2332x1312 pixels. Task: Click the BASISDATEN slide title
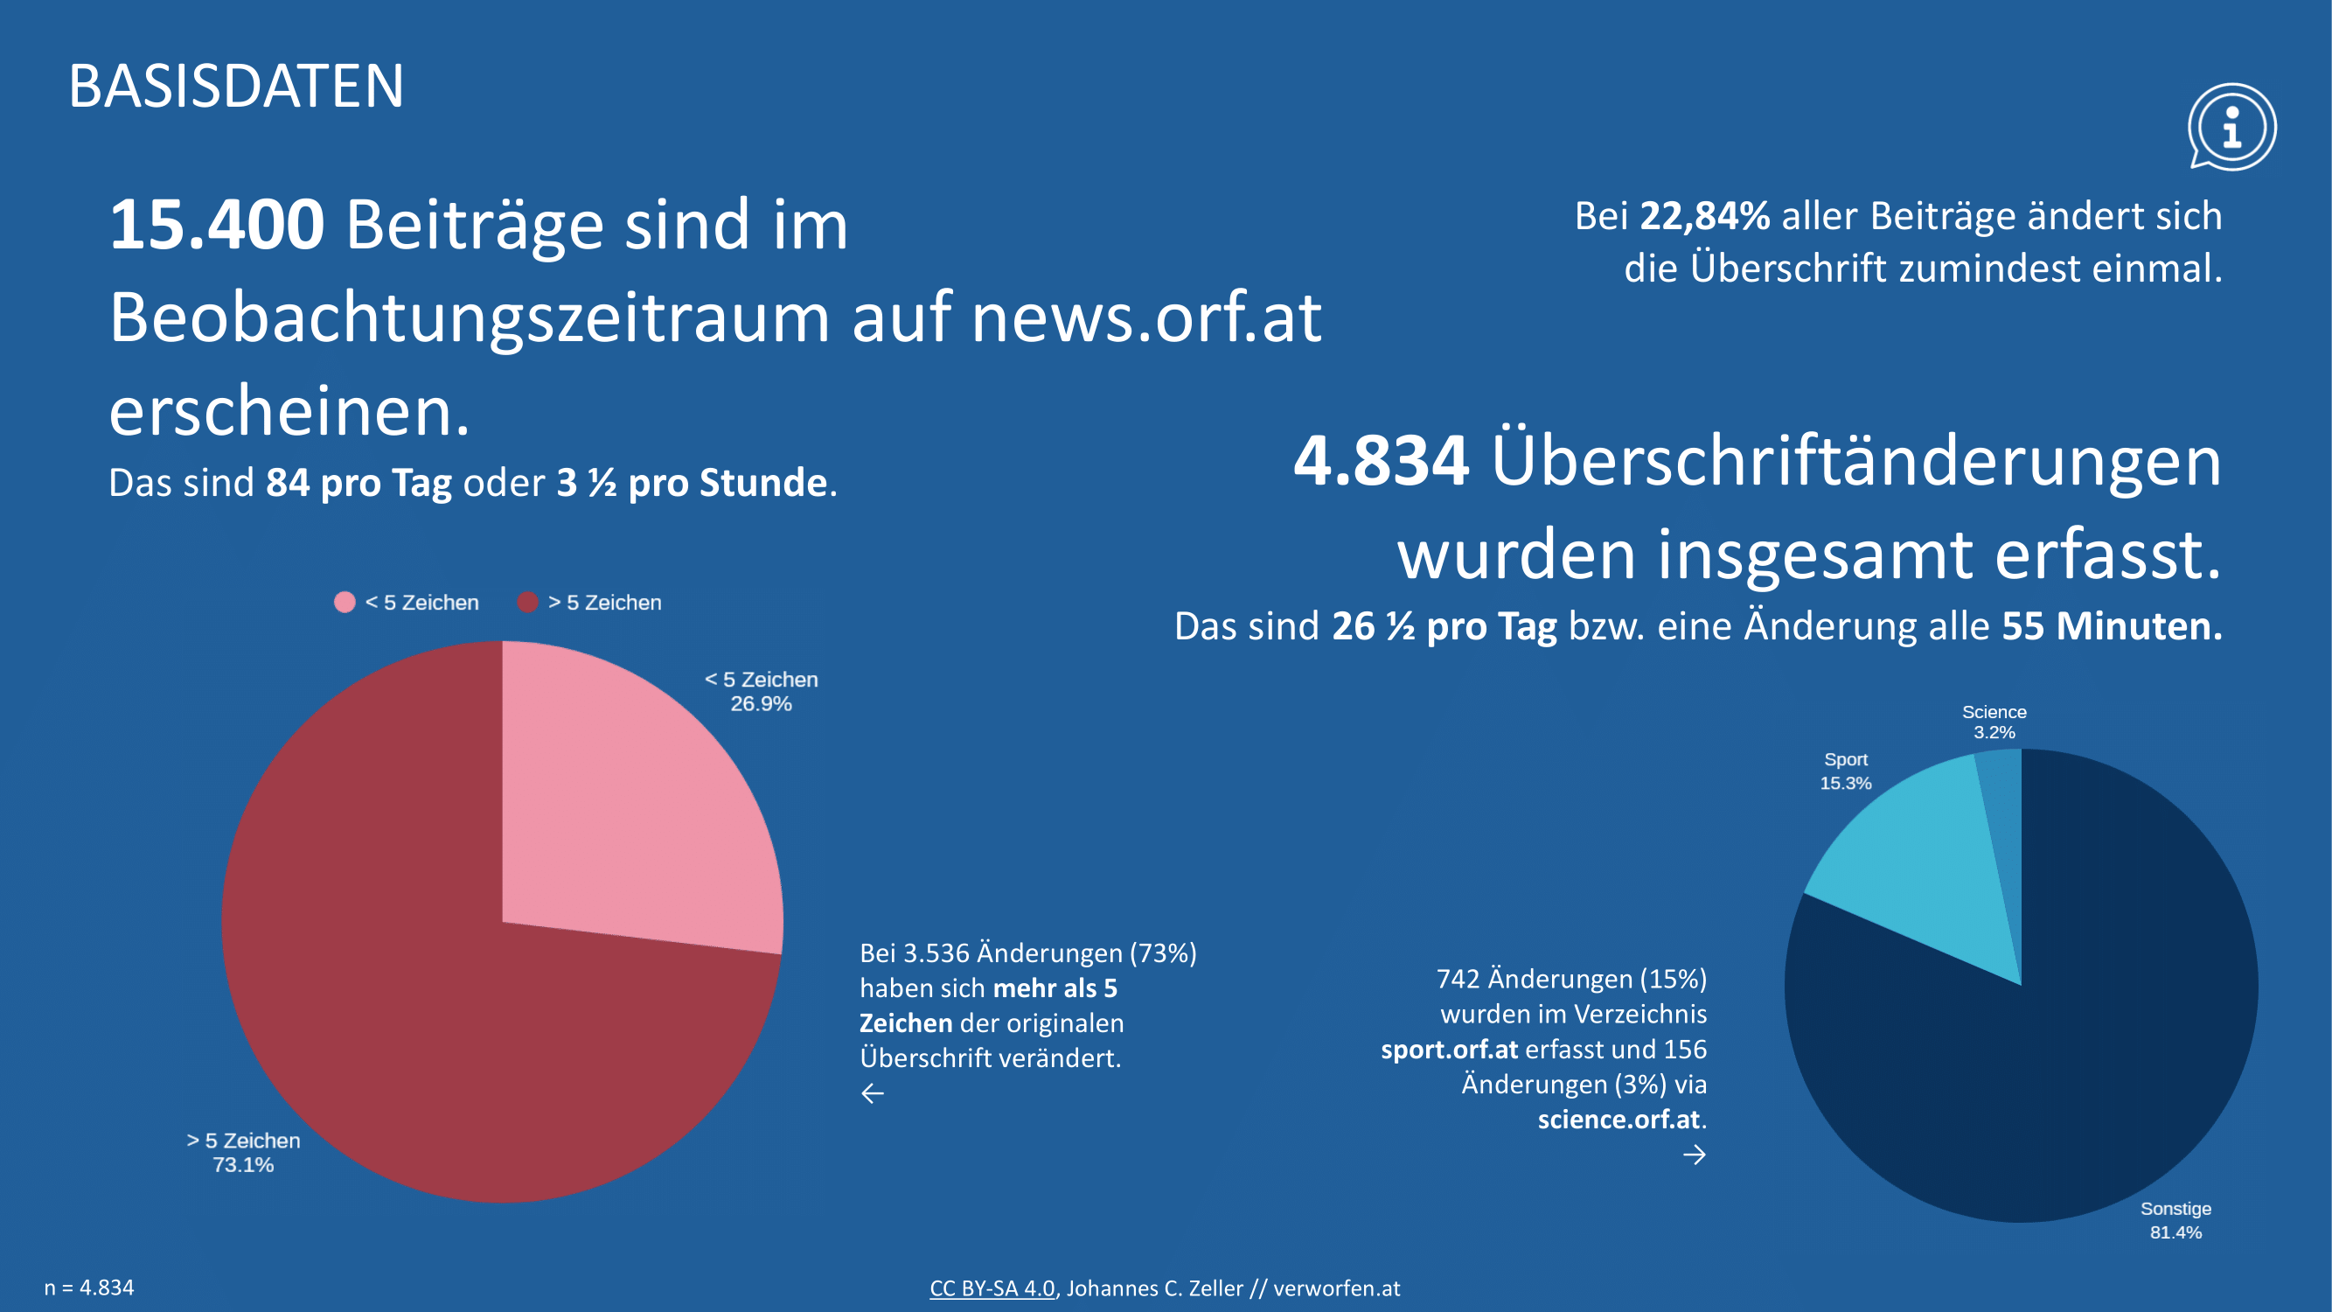point(235,87)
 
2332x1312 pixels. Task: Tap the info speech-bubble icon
point(2231,127)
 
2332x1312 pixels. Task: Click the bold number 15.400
point(216,225)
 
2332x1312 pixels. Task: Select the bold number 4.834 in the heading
point(1381,461)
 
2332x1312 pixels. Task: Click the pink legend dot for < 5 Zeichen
point(344,602)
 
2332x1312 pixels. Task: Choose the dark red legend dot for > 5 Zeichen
point(528,602)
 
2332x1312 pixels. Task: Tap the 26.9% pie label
point(761,704)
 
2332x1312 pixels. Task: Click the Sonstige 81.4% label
point(2175,1220)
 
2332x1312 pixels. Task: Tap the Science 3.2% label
point(1994,722)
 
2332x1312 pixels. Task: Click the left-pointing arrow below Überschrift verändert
point(872,1094)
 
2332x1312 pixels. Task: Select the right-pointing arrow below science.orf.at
point(1694,1155)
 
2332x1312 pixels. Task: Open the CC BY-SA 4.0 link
point(992,1288)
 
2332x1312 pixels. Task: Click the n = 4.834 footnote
point(88,1288)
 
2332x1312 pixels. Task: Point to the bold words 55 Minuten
point(2111,626)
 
